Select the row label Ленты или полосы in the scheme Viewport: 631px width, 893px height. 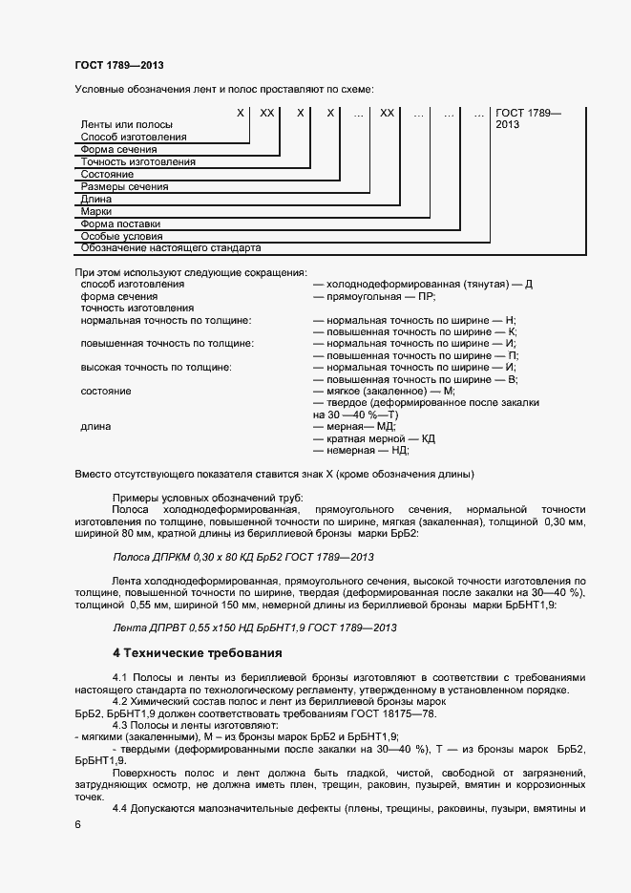coord(127,125)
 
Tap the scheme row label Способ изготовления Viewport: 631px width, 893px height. coord(134,138)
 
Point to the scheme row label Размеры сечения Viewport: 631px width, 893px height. coord(125,187)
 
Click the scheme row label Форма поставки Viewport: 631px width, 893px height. coord(120,223)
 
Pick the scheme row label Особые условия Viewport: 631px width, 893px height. coord(121,236)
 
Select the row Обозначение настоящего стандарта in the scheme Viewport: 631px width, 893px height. coord(171,248)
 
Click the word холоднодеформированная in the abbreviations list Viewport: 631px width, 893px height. coord(387,285)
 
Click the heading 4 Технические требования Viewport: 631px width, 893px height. coord(198,654)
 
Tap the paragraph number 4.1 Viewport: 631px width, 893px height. coord(122,678)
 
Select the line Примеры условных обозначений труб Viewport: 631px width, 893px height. coord(207,499)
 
